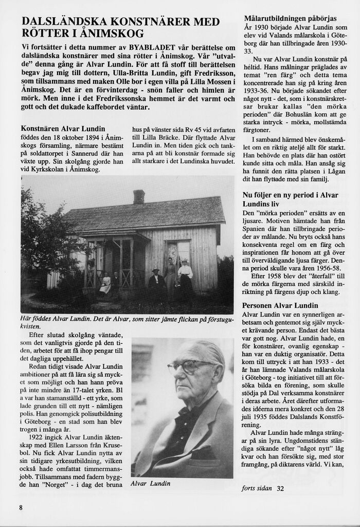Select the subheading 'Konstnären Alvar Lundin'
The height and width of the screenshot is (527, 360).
click(x=63, y=129)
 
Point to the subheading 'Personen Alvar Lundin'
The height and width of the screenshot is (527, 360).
click(x=280, y=306)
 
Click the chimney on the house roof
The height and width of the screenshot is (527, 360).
click(x=139, y=197)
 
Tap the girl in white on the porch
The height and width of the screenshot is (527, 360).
click(x=105, y=284)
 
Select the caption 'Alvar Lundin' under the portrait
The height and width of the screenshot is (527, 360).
click(x=150, y=484)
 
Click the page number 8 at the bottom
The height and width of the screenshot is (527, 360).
click(x=21, y=507)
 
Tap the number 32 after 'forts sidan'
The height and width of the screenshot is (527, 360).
click(x=280, y=488)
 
